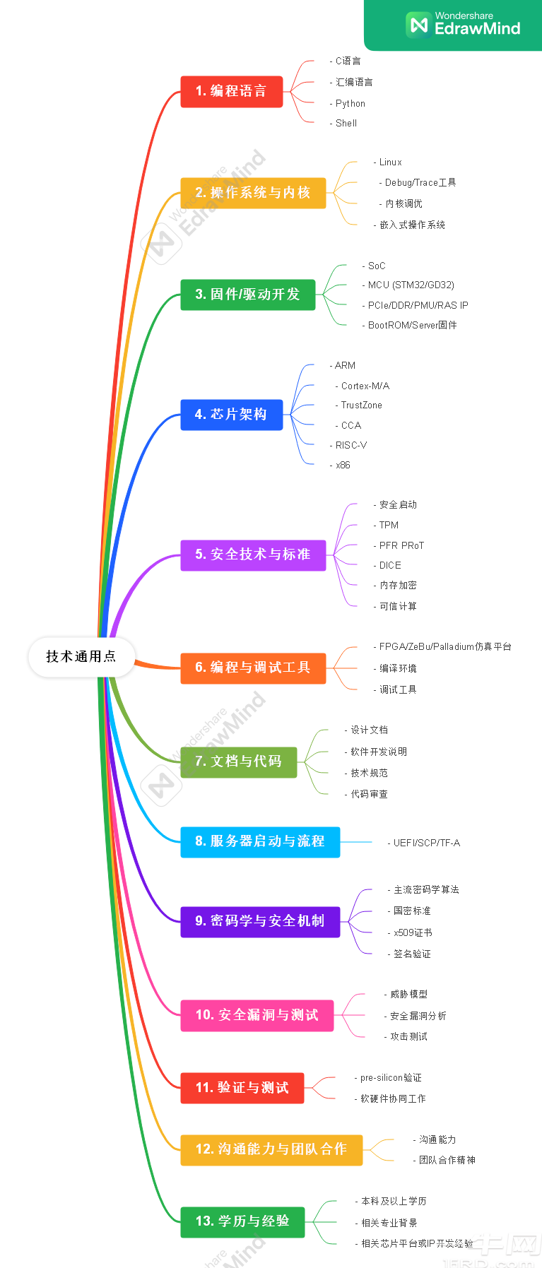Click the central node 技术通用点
coord(81,656)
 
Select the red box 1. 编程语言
coord(231,91)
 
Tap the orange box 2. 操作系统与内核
coord(253,193)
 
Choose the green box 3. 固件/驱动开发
coord(247,295)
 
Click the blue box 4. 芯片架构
coord(231,415)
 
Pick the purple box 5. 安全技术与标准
coord(253,555)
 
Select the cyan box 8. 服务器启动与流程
coord(260,841)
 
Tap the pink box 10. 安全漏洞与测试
coord(257,1015)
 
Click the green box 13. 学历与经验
coord(242,1221)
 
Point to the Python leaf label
coord(350,103)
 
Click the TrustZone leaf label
coord(361,405)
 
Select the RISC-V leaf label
coord(350,446)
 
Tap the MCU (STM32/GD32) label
coord(411,285)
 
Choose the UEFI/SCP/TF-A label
coord(426,843)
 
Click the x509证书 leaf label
coord(413,933)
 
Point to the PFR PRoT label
coord(401,545)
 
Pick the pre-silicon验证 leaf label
coord(390,1078)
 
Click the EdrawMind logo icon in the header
coord(418,24)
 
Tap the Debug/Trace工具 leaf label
coord(420,183)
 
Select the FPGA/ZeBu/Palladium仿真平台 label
coord(444,647)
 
